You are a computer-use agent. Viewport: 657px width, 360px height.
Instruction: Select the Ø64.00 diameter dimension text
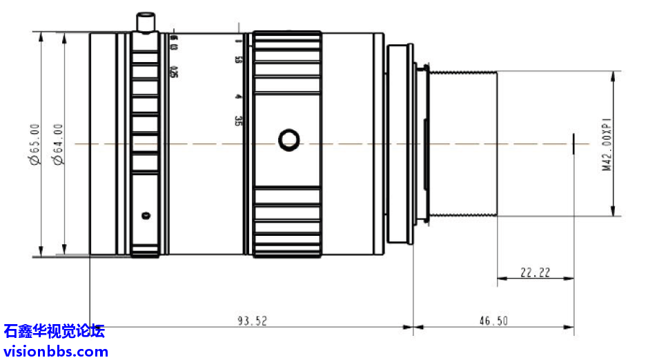click(58, 144)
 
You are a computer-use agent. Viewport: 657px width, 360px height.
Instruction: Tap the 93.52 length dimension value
click(252, 320)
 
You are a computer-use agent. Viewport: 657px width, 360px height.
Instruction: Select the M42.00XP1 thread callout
click(608, 144)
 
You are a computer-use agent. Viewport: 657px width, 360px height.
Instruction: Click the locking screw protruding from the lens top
click(145, 22)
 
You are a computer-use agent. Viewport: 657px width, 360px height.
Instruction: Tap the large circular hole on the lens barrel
click(288, 141)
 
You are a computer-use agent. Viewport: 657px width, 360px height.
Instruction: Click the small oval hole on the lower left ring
click(145, 215)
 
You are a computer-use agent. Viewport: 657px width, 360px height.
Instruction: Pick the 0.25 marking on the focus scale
click(174, 72)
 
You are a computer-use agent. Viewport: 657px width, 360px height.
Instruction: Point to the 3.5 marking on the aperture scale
click(237, 121)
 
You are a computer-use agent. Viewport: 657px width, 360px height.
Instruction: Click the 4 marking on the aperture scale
click(237, 97)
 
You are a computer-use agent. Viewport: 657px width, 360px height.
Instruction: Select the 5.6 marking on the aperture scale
click(237, 60)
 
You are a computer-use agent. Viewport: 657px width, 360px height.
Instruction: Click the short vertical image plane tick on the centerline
click(573, 144)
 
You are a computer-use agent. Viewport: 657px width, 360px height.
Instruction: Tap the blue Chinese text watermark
click(54, 332)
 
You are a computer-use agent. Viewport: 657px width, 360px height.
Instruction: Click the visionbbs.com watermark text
click(55, 351)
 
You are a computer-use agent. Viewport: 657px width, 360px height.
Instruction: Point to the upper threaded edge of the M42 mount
click(462, 70)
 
